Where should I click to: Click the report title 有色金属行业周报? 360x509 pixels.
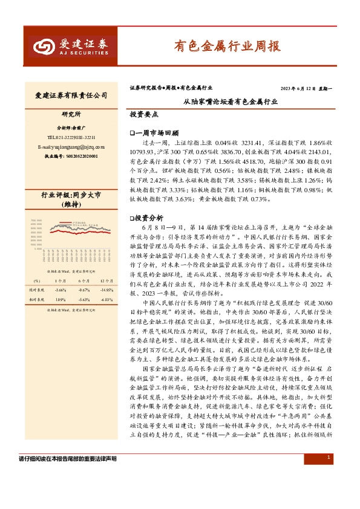(x=227, y=45)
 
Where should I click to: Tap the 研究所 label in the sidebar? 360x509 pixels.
(x=71, y=114)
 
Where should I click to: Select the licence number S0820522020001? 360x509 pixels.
(x=71, y=156)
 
